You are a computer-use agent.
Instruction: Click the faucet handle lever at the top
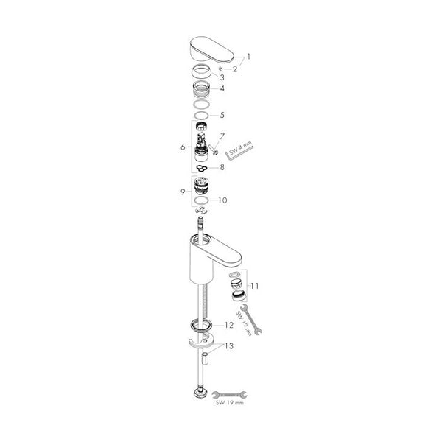tap(211, 49)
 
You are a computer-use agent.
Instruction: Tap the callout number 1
tap(248, 57)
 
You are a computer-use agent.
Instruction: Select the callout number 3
tap(222, 77)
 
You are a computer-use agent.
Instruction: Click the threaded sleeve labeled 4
tap(201, 89)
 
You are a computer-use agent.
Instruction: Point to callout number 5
tap(222, 115)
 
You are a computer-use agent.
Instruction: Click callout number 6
tap(183, 147)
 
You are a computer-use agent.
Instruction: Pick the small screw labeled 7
tap(213, 149)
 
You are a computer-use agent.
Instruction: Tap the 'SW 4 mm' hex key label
tap(241, 149)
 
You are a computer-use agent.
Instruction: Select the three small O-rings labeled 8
tap(202, 168)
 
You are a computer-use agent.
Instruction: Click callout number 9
tap(183, 192)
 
